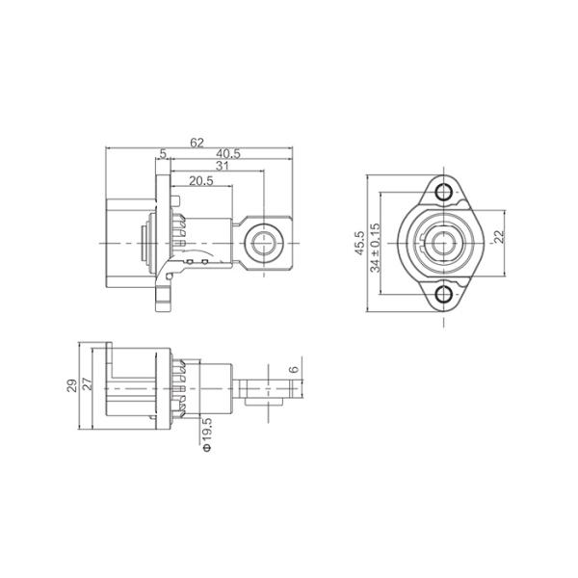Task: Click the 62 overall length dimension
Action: pyautogui.click(x=197, y=143)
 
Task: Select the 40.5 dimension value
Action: pyautogui.click(x=228, y=154)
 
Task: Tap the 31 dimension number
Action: pyautogui.click(x=222, y=167)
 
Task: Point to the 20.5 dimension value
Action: pyautogui.click(x=201, y=181)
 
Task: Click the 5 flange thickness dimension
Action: pyautogui.click(x=163, y=154)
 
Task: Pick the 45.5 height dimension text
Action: pyautogui.click(x=359, y=244)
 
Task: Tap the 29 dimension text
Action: pyautogui.click(x=72, y=385)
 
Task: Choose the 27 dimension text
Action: pyautogui.click(x=87, y=385)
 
